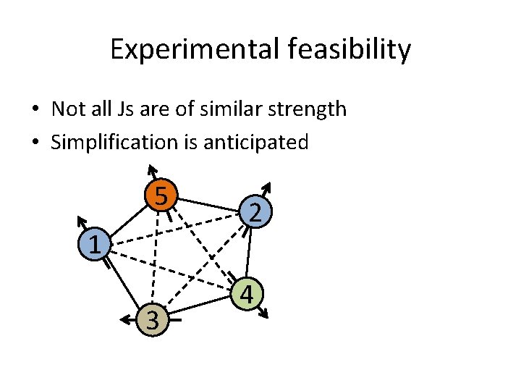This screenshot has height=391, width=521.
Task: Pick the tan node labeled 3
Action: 151,319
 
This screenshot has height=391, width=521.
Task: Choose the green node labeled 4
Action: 247,294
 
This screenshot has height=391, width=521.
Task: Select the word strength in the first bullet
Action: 307,109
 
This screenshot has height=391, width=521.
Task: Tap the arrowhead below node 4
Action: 265,314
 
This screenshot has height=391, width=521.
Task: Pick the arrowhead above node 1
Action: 81,219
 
